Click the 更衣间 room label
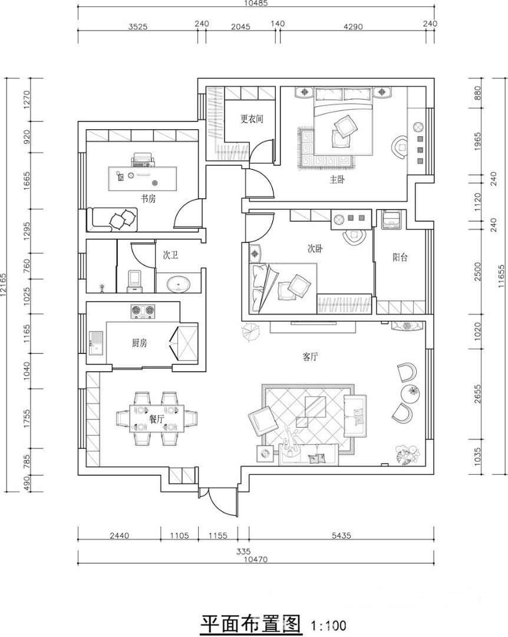[x=252, y=119]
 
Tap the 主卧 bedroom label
[x=337, y=179]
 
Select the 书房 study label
[x=149, y=199]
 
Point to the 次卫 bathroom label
[x=170, y=255]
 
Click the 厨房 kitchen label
[x=139, y=343]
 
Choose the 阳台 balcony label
[x=400, y=257]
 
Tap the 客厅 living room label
[x=310, y=357]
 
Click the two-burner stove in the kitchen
[x=143, y=311]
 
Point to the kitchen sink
[x=96, y=343]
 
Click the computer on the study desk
[x=142, y=160]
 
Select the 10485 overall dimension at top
[x=256, y=3]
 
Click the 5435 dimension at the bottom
[x=341, y=536]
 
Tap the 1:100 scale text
[x=328, y=625]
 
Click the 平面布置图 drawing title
[x=252, y=623]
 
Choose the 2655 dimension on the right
[x=477, y=393]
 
